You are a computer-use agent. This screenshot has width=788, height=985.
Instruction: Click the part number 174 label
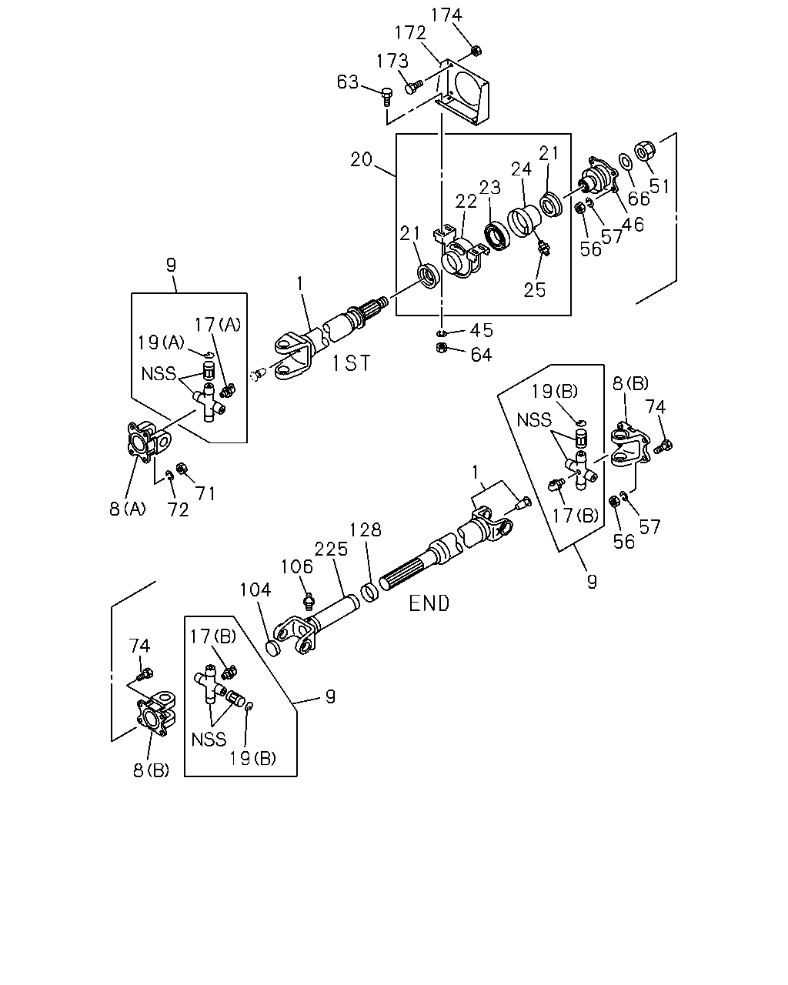pyautogui.click(x=446, y=15)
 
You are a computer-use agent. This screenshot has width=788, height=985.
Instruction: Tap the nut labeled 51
pyautogui.click(x=645, y=151)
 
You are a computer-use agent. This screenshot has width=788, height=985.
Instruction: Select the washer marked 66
pyautogui.click(x=625, y=162)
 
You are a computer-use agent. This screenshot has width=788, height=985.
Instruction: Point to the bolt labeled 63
pyautogui.click(x=387, y=96)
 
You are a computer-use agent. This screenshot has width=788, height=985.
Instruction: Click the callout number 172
pyautogui.click(x=410, y=33)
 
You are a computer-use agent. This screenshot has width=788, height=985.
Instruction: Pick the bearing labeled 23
pyautogui.click(x=497, y=235)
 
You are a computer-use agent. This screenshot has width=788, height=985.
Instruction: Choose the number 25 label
pyautogui.click(x=535, y=290)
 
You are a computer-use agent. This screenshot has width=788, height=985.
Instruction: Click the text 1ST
pyautogui.click(x=352, y=363)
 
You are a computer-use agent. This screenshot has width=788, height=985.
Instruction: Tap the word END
pyautogui.click(x=429, y=604)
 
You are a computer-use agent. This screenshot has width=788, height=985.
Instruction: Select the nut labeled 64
pyautogui.click(x=442, y=347)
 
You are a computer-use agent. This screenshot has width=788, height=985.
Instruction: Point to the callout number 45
pyautogui.click(x=482, y=330)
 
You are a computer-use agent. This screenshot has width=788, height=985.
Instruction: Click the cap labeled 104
pyautogui.click(x=273, y=648)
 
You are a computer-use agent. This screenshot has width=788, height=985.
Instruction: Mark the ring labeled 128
pyautogui.click(x=370, y=593)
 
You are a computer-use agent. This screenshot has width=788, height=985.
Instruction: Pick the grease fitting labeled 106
pyautogui.click(x=310, y=602)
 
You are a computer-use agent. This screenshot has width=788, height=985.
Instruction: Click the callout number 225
pyautogui.click(x=331, y=549)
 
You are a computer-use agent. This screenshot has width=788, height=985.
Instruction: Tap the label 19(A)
pyautogui.click(x=161, y=342)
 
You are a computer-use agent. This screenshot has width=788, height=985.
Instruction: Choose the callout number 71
pyautogui.click(x=205, y=493)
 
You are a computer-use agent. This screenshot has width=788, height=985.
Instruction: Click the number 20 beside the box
pyautogui.click(x=361, y=160)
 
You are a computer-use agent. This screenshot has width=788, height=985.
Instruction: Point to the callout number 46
pyautogui.click(x=633, y=225)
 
